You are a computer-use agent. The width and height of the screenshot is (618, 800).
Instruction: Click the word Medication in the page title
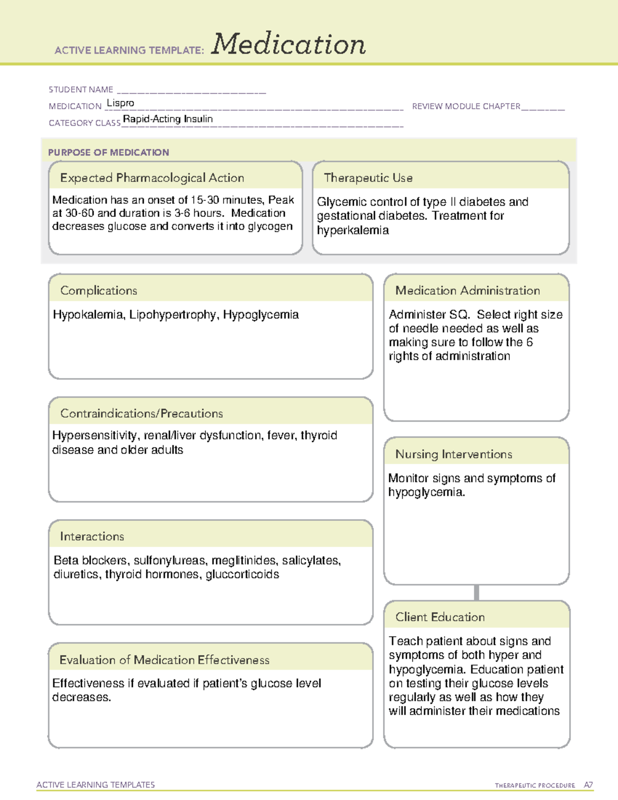click(288, 44)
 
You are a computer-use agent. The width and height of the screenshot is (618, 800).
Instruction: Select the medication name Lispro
click(121, 103)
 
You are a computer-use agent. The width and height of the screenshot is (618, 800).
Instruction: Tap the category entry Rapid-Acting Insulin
click(168, 119)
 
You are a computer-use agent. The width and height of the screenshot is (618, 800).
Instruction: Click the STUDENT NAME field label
click(81, 90)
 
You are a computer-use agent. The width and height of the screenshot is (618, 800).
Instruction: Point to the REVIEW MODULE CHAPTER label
click(466, 106)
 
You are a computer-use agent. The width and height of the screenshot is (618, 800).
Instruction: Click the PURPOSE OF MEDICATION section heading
click(109, 152)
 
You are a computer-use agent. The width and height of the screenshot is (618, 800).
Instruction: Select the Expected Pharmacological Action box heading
click(152, 178)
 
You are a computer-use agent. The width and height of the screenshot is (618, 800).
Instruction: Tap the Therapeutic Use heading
click(368, 178)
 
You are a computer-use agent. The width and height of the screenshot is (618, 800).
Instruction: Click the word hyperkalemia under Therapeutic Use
click(353, 230)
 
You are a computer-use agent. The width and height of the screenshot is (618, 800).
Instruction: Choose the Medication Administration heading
click(468, 291)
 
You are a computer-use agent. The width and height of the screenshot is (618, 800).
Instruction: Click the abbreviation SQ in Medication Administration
click(458, 314)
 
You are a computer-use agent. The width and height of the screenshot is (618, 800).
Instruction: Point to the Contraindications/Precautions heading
click(142, 414)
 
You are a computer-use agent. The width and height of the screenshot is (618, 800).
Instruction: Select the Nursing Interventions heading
click(454, 454)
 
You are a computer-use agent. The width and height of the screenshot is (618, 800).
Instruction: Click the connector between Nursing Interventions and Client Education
click(476, 592)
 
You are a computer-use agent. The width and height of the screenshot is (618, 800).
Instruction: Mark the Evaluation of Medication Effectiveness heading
click(164, 660)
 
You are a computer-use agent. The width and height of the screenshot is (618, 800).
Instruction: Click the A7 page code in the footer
click(588, 785)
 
